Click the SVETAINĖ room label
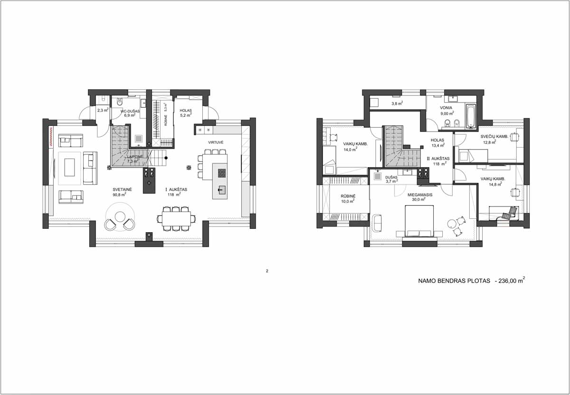[x=122, y=189]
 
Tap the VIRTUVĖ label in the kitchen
[x=216, y=142]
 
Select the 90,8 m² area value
[x=119, y=195]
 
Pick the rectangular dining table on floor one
[x=176, y=219]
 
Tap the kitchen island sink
[x=221, y=190]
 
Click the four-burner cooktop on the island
[x=222, y=173]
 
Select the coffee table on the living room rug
[x=69, y=168]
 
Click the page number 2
[x=267, y=271]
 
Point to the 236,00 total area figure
[x=507, y=281]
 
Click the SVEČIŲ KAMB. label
[x=494, y=137]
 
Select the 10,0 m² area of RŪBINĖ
[x=348, y=201]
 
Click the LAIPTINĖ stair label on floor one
[x=135, y=157]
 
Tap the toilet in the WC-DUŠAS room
[x=120, y=103]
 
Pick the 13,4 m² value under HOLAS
[x=438, y=145]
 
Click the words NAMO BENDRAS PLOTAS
[x=454, y=281]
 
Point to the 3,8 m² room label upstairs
[x=397, y=103]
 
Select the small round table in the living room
[x=120, y=216]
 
